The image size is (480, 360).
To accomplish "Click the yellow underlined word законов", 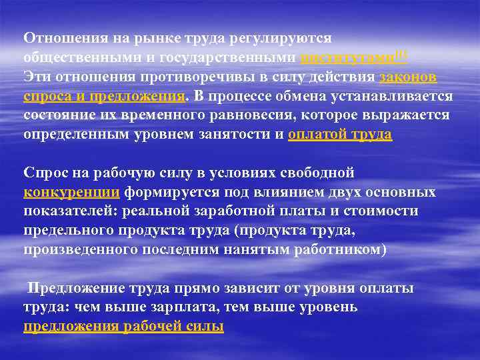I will click(x=407, y=77).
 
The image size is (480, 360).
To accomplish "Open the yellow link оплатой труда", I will click(x=340, y=135).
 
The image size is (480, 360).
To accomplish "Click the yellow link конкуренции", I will click(x=72, y=193).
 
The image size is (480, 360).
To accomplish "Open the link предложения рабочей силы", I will click(x=124, y=327).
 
